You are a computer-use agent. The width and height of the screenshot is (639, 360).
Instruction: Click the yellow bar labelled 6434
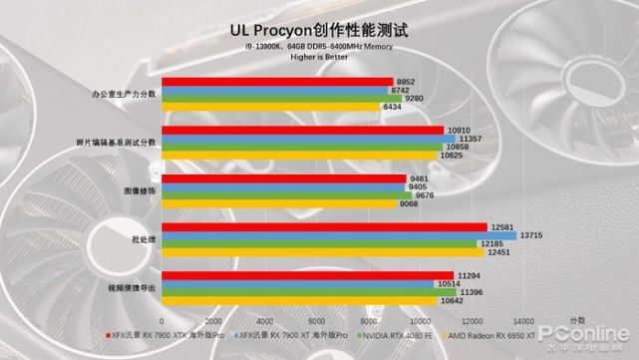coord(269,106)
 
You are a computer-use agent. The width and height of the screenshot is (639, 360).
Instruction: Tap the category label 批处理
coord(143,238)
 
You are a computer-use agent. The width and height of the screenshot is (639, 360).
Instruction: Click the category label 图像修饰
coord(139,189)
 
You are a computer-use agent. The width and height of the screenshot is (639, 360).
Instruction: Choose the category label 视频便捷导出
coord(131,287)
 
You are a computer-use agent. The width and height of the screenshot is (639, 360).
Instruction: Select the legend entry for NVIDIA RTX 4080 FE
coord(398,336)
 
